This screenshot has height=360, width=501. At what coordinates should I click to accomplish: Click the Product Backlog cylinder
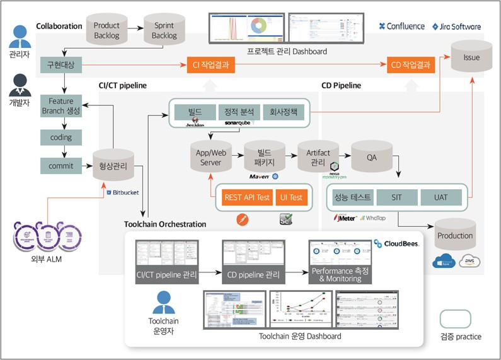pos(107,30)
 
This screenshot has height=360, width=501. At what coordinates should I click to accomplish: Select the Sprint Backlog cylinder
pos(164,30)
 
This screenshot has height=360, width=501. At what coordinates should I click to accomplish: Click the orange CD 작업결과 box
pos(411,64)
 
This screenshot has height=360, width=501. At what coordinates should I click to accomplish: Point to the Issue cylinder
pos(471,58)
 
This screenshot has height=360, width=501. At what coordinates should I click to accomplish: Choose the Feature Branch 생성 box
pos(61,105)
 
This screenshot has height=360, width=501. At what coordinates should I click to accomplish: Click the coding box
pos(61,137)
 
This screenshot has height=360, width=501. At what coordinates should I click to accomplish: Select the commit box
pos(61,166)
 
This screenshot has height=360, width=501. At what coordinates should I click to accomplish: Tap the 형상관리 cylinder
pos(113,166)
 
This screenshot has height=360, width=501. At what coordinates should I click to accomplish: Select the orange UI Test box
pos(291,197)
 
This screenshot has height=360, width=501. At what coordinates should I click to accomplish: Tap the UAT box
pos(441,197)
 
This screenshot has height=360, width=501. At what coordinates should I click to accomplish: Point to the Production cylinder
pos(455,235)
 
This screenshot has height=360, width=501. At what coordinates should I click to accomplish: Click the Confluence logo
pos(403,26)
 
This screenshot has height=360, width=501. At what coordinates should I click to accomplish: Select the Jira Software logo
pos(457,26)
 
